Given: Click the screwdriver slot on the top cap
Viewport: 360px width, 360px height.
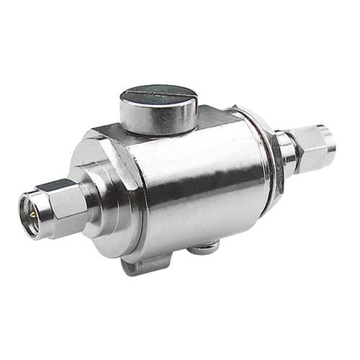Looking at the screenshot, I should pos(157,93).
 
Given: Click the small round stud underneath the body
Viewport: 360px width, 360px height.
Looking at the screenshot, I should pos(204,247).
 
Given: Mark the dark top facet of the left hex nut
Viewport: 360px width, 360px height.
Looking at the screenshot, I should pos(55,189).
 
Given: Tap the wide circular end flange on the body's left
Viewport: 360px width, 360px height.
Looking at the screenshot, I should pos(115,194).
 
